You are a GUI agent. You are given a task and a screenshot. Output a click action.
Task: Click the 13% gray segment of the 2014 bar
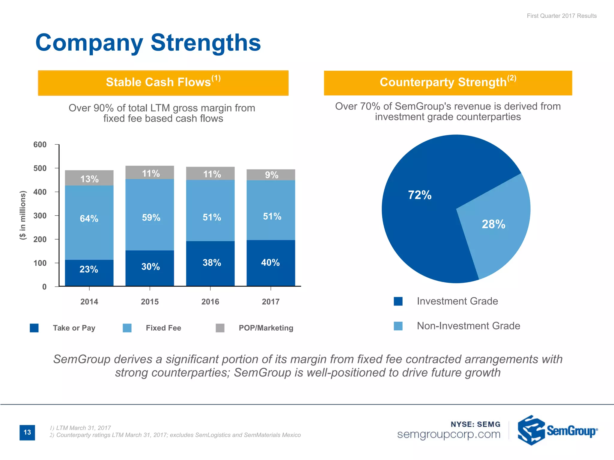[89, 178]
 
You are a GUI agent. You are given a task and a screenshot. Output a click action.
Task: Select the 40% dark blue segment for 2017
[270, 263]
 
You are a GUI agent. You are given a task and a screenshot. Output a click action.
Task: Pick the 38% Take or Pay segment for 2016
[210, 263]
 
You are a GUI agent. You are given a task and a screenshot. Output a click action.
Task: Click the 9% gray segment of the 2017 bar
[271, 175]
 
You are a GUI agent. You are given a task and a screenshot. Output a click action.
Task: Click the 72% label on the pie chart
[420, 195]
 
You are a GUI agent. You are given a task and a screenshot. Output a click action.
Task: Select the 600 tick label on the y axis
[40, 145]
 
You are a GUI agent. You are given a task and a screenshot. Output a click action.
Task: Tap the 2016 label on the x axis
[210, 302]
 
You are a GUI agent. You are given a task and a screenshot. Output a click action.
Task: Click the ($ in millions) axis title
[23, 215]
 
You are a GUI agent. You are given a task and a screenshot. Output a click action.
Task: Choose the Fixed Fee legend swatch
[127, 328]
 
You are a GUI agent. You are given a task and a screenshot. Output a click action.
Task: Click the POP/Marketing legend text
[266, 328]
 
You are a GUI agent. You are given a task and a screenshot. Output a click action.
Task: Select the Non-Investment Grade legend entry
[468, 326]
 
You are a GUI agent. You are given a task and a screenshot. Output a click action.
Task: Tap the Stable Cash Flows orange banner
[163, 83]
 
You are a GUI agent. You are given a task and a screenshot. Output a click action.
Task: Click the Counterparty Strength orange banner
[448, 83]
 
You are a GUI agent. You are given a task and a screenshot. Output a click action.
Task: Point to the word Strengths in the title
[206, 43]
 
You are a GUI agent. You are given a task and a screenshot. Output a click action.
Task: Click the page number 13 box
[27, 432]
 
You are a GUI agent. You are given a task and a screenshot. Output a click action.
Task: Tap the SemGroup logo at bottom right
[557, 431]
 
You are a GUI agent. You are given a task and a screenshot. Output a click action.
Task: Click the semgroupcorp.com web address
[449, 434]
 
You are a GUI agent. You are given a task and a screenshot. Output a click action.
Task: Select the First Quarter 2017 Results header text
[562, 16]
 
